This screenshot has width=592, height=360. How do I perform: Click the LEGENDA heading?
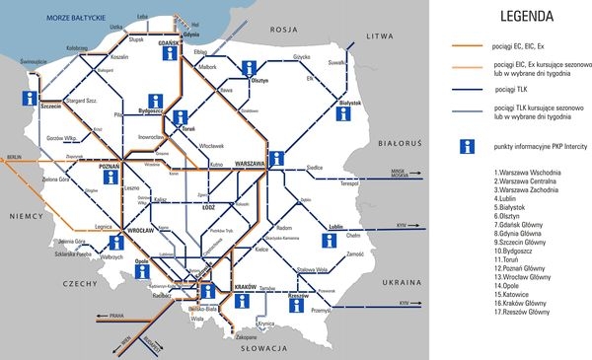point(527,16)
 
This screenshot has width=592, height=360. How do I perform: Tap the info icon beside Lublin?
point(328,240)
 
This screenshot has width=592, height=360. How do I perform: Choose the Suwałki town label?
point(338,61)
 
